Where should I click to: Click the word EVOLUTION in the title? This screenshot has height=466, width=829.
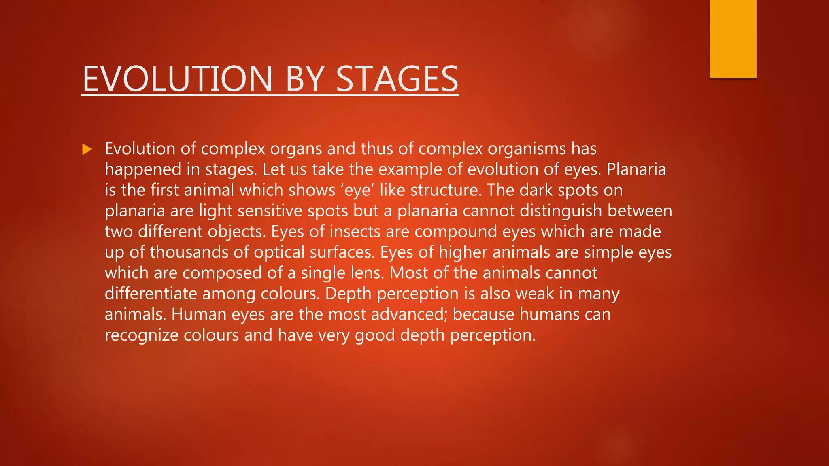pyautogui.click(x=178, y=79)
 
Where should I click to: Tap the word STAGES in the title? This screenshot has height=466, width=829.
pyautogui.click(x=397, y=79)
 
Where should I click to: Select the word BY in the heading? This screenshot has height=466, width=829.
pyautogui.click(x=305, y=79)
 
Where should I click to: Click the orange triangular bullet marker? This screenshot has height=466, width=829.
pyautogui.click(x=87, y=149)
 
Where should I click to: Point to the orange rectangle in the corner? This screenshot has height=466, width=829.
pyautogui.click(x=733, y=38)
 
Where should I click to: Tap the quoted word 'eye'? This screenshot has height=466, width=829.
pyautogui.click(x=357, y=191)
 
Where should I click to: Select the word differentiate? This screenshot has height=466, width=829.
pyautogui.click(x=151, y=294)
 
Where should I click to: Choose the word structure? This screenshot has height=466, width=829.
pyautogui.click(x=445, y=191)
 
